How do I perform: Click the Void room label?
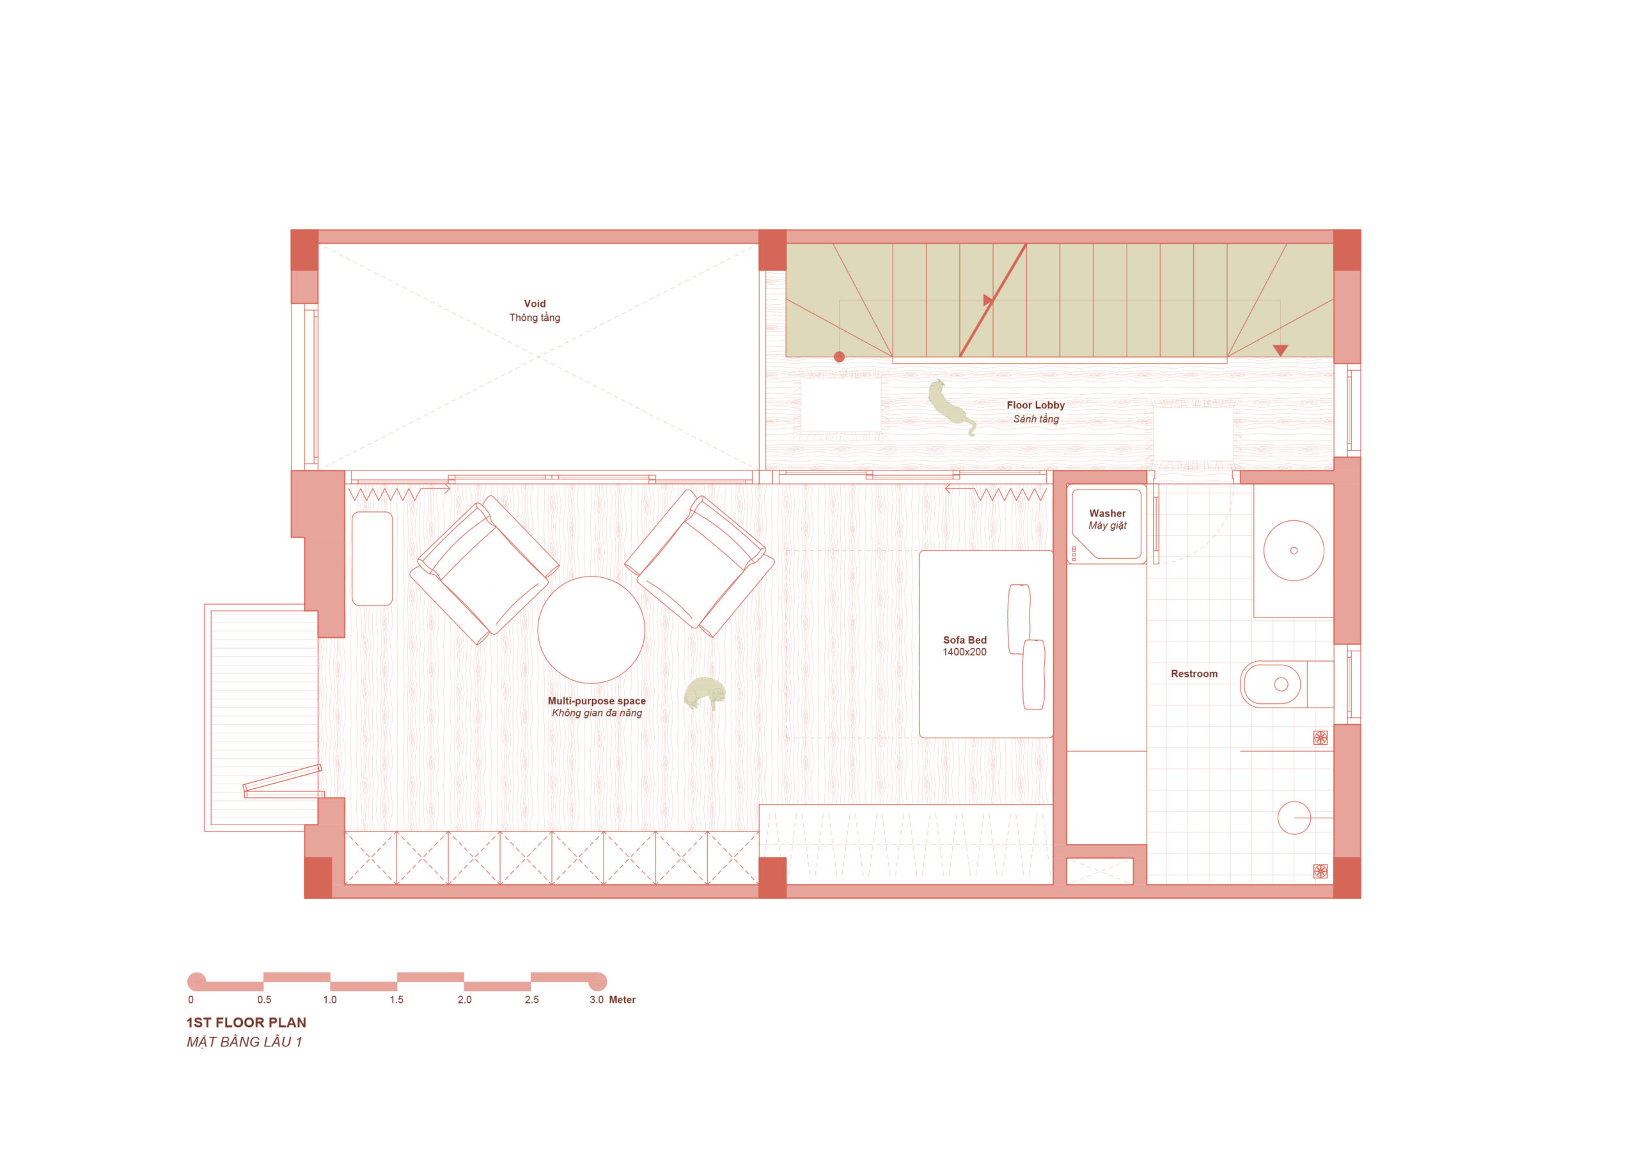pyautogui.click(x=534, y=304)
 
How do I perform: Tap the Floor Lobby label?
pyautogui.click(x=1035, y=405)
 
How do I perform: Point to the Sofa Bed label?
pyautogui.click(x=965, y=640)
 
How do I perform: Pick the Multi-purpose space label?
pyautogui.click(x=596, y=701)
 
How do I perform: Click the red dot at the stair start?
pyautogui.click(x=839, y=357)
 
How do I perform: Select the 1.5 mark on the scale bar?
pyautogui.click(x=396, y=1000)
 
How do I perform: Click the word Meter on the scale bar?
pyautogui.click(x=622, y=1000)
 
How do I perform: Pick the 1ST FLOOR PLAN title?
pyautogui.click(x=246, y=1022)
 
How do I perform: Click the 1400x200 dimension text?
pyautogui.click(x=965, y=652)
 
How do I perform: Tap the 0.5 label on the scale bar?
pyautogui.click(x=264, y=1000)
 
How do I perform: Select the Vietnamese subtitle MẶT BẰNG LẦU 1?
pyautogui.click(x=244, y=1041)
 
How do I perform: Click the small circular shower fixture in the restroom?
pyautogui.click(x=1294, y=818)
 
